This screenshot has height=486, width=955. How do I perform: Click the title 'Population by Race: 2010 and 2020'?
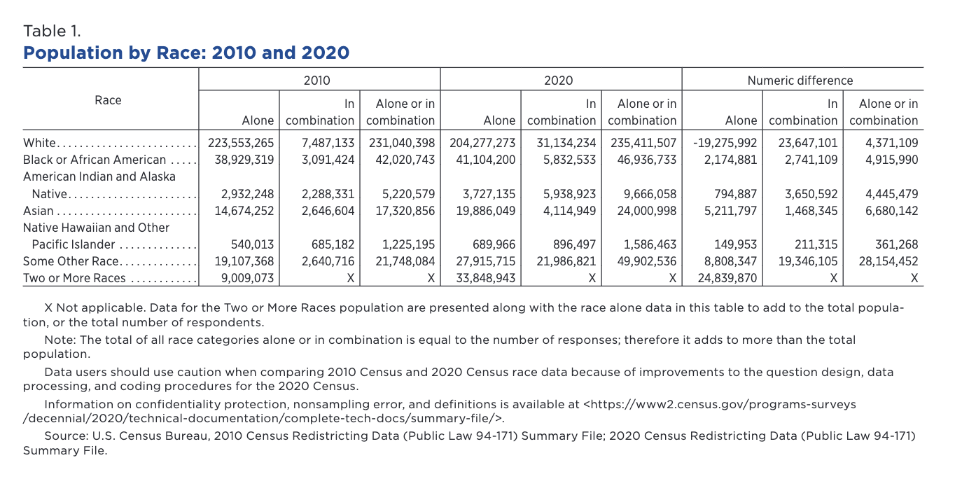[x=186, y=53]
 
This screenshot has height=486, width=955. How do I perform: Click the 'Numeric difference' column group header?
[x=800, y=81]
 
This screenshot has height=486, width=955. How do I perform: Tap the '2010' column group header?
[x=317, y=81]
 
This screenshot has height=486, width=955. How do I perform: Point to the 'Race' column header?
[x=108, y=100]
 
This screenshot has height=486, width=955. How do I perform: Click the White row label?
[x=39, y=143]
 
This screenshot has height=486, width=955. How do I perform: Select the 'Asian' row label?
[x=39, y=211]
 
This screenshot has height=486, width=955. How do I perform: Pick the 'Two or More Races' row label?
[x=74, y=279]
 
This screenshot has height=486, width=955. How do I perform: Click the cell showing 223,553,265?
[x=241, y=143]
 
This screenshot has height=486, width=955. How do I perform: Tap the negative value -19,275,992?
[x=725, y=143]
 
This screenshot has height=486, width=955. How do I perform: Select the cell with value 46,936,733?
[x=643, y=160]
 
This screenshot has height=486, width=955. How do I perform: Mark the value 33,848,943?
[x=482, y=279]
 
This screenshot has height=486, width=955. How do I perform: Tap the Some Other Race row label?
[x=71, y=262]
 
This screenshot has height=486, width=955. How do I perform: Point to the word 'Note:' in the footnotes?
[x=59, y=340]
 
